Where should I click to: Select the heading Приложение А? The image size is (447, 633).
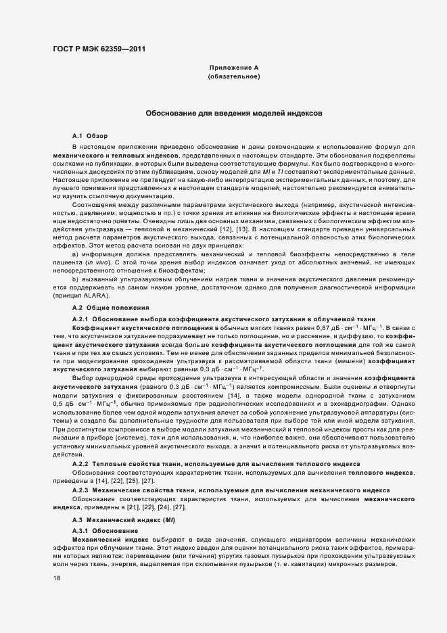pyautogui.click(x=234, y=68)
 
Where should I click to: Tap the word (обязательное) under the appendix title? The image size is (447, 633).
pyautogui.click(x=234, y=77)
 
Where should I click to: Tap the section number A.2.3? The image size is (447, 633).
pyautogui.click(x=80, y=488)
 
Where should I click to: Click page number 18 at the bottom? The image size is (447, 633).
pyautogui.click(x=57, y=579)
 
